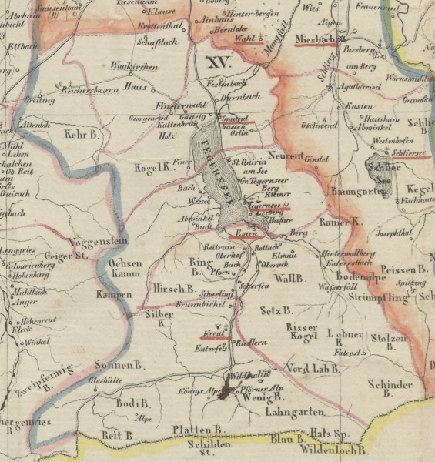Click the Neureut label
pos(285,155)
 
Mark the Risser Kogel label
pos(302,333)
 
